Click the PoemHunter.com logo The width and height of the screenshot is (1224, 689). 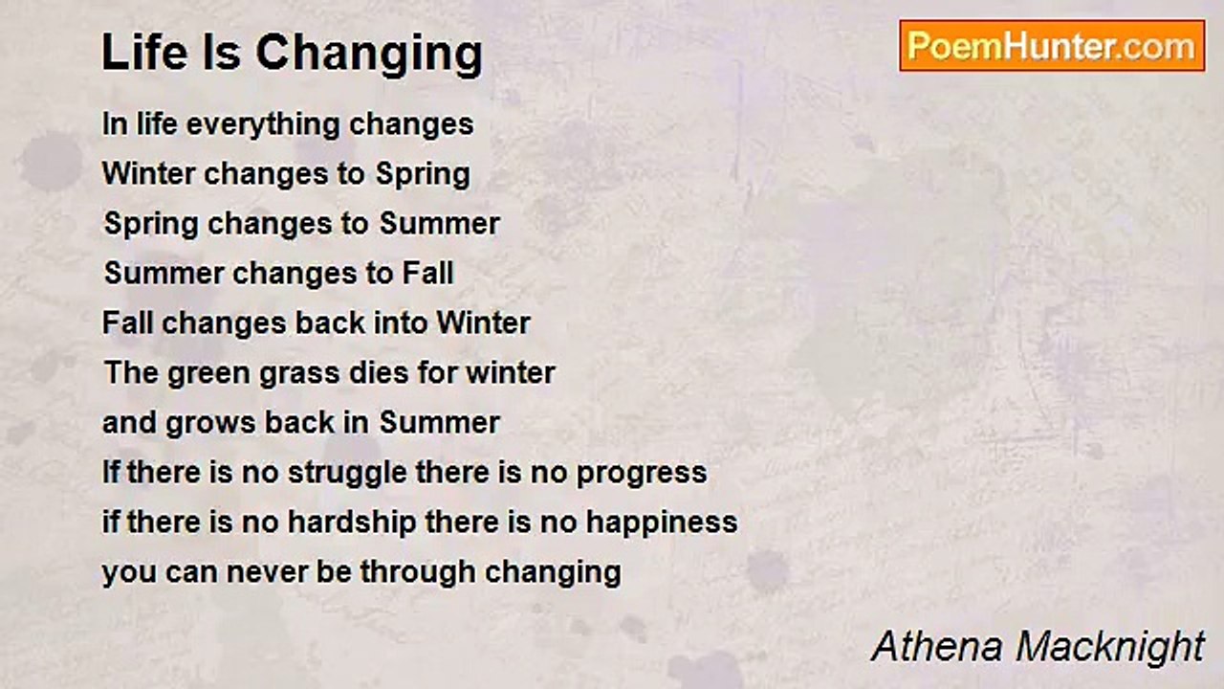(x=1052, y=46)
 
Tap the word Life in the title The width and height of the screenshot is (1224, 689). (x=144, y=52)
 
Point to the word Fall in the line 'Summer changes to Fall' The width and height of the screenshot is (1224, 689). (x=427, y=273)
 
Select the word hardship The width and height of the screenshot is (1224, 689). (x=352, y=522)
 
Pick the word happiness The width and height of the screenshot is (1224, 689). (x=662, y=522)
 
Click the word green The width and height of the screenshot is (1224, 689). (x=208, y=374)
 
